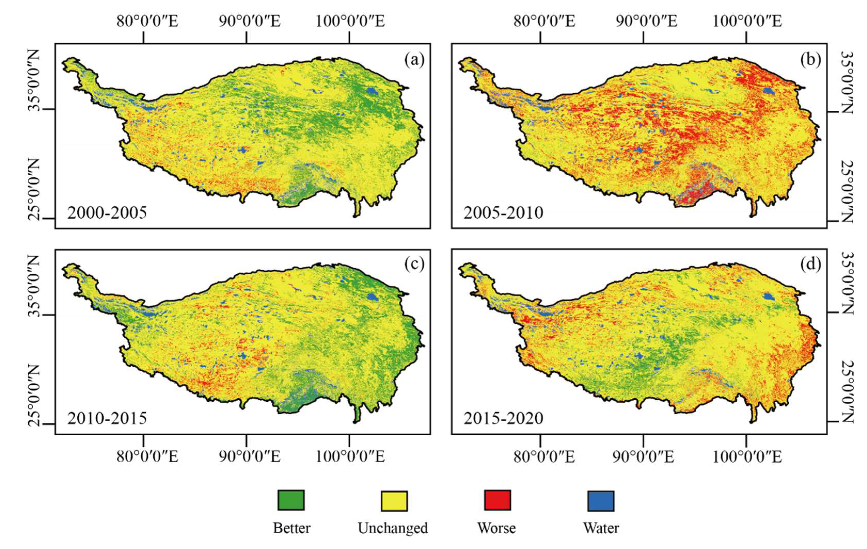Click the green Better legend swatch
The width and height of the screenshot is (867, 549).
tap(291, 500)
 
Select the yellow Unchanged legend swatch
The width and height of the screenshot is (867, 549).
tap(394, 501)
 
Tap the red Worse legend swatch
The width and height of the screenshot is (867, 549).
tap(497, 500)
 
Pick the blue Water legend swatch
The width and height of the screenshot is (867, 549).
tap(601, 501)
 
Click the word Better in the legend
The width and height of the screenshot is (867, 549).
tap(292, 528)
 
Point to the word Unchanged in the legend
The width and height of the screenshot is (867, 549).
tap(393, 528)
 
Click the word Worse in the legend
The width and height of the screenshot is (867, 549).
tap(497, 528)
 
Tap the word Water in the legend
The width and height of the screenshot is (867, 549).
tap(601, 528)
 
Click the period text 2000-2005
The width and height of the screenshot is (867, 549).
tap(107, 213)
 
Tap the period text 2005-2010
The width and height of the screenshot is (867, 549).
tap(503, 213)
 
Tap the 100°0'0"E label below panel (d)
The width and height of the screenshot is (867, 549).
tap(747, 457)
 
